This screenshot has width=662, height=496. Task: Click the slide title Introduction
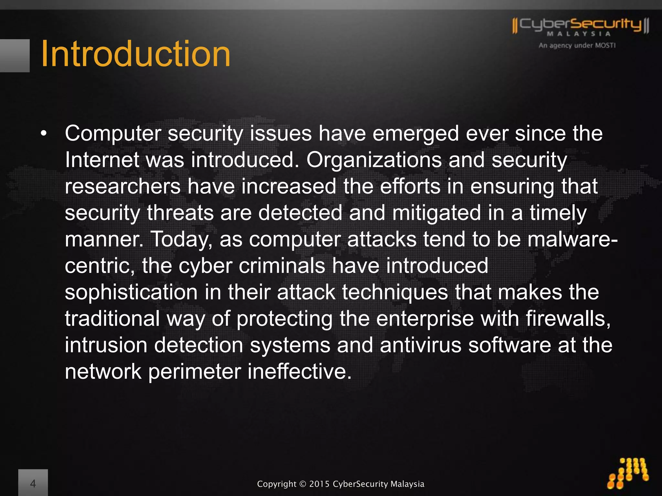click(136, 54)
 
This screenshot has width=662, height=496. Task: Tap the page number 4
click(33, 483)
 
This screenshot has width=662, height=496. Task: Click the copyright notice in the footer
click(340, 484)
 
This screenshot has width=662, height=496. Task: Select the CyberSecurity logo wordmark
click(580, 25)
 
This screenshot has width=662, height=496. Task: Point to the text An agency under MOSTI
click(577, 46)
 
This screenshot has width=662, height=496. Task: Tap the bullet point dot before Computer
click(44, 133)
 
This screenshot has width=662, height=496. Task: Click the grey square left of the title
click(15, 56)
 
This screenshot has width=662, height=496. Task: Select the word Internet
click(102, 160)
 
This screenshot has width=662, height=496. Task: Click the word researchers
click(123, 187)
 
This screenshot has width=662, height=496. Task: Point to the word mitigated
click(436, 213)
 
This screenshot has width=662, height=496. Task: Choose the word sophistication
click(131, 292)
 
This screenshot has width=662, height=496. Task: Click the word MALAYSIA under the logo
click(579, 34)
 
